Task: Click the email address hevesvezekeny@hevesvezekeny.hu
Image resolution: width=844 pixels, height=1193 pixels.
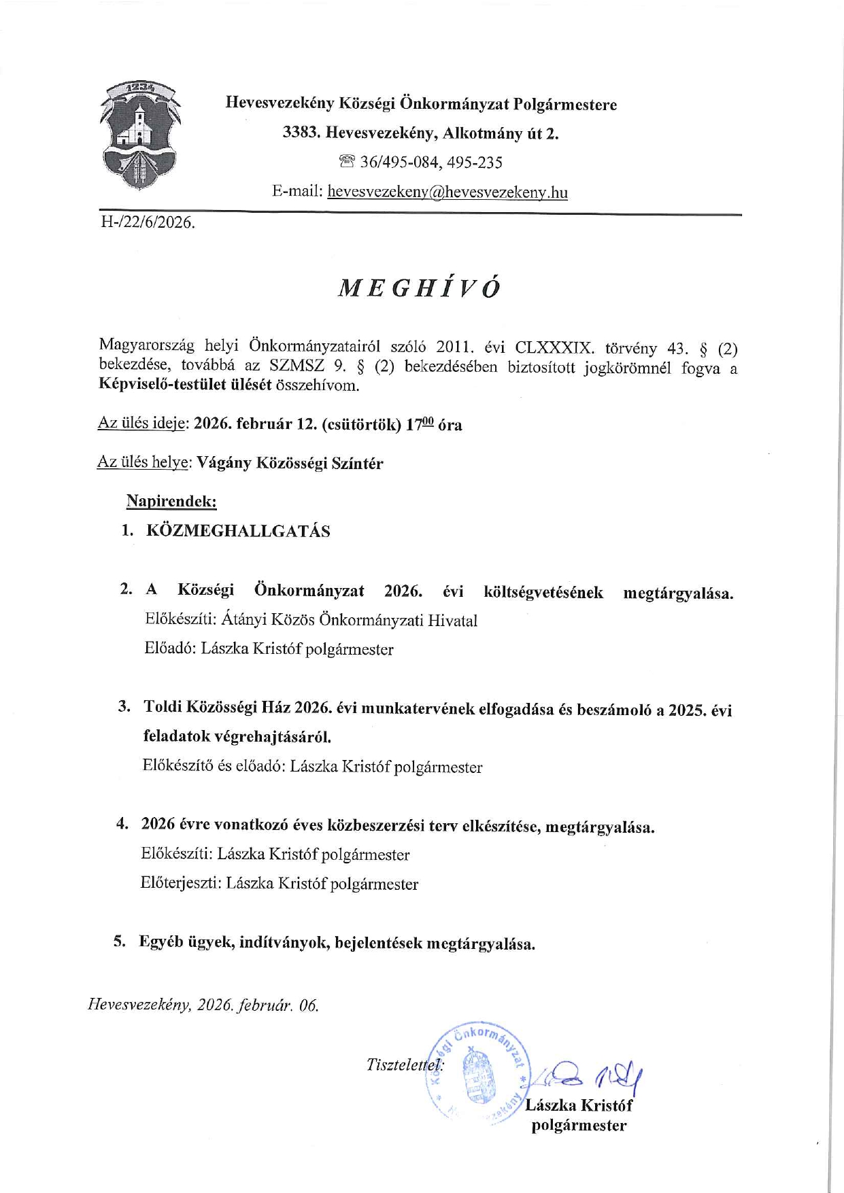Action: click(447, 192)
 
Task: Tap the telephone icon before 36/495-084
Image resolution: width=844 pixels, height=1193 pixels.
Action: click(347, 162)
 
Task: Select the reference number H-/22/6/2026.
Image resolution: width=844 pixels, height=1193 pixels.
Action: click(148, 222)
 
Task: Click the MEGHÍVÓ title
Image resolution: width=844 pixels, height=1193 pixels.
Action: click(419, 288)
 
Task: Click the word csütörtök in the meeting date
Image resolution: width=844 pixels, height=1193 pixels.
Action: click(362, 425)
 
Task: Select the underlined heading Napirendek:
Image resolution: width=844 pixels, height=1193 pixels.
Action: click(171, 502)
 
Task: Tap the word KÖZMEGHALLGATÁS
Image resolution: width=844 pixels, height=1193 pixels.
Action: click(238, 532)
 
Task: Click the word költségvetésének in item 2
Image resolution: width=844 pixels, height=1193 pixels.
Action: click(543, 592)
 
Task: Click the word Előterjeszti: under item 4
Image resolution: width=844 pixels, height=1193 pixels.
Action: click(180, 884)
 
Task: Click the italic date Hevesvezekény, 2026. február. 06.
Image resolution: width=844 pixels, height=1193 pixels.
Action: click(203, 1005)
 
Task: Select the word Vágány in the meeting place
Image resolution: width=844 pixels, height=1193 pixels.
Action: click(224, 464)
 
